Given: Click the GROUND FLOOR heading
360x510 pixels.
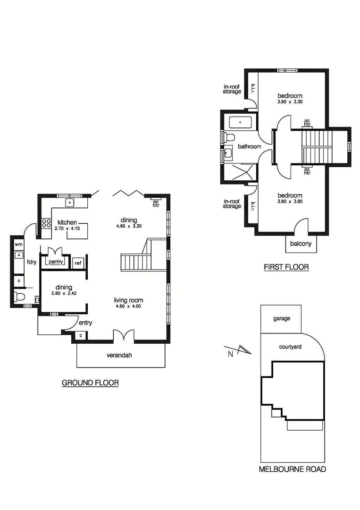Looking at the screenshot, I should click(90, 383).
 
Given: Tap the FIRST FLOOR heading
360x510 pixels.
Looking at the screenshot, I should click(286, 267).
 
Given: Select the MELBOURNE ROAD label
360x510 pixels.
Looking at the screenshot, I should click(293, 469).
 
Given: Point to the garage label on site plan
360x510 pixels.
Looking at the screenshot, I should click(282, 318).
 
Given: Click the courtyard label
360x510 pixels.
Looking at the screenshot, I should click(291, 347).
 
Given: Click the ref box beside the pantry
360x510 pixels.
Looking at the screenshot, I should click(78, 263).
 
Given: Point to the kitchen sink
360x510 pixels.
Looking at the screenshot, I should click(70, 203).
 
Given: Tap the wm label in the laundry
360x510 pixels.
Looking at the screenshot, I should click(18, 244).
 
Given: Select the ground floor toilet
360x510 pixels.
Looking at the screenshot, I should click(19, 297).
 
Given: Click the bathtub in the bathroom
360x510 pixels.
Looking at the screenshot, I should click(241, 123).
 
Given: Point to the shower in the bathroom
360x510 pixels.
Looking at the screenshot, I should click(241, 172).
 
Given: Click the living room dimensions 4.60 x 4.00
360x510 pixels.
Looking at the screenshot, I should click(128, 306).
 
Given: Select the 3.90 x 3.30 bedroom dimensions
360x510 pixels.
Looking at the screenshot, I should click(290, 102).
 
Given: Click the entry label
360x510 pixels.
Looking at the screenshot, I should click(85, 323).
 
